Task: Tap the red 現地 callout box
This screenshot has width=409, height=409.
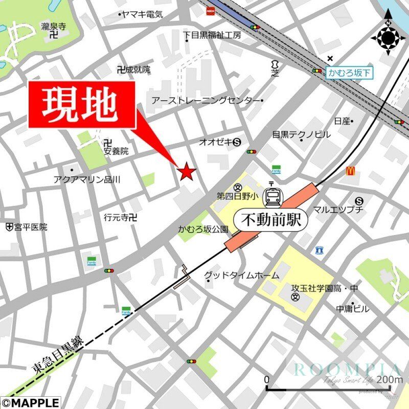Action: [82, 104]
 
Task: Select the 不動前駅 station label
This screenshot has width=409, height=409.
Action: [272, 220]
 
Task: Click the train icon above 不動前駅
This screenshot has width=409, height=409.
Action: [271, 197]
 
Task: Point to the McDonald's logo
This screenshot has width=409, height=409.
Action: [350, 171]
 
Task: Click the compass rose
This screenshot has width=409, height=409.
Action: [388, 37]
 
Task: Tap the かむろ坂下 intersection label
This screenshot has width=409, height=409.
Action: [349, 73]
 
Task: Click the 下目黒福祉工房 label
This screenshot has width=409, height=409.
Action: [212, 35]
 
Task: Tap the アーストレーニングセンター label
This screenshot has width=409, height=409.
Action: [206, 101]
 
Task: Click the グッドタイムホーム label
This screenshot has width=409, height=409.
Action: [242, 276]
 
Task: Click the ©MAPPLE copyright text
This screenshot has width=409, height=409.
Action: [31, 403]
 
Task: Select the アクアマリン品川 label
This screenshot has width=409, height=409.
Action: [86, 179]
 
